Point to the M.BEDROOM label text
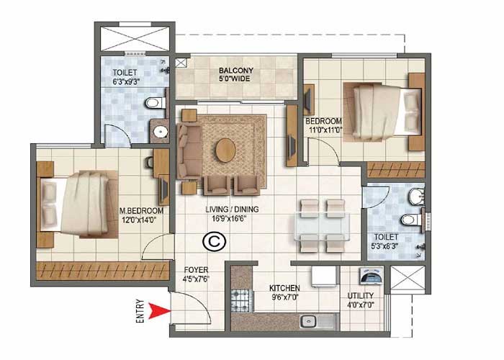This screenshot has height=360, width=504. pos(141,210)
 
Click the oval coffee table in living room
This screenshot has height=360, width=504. pos(225,150)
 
